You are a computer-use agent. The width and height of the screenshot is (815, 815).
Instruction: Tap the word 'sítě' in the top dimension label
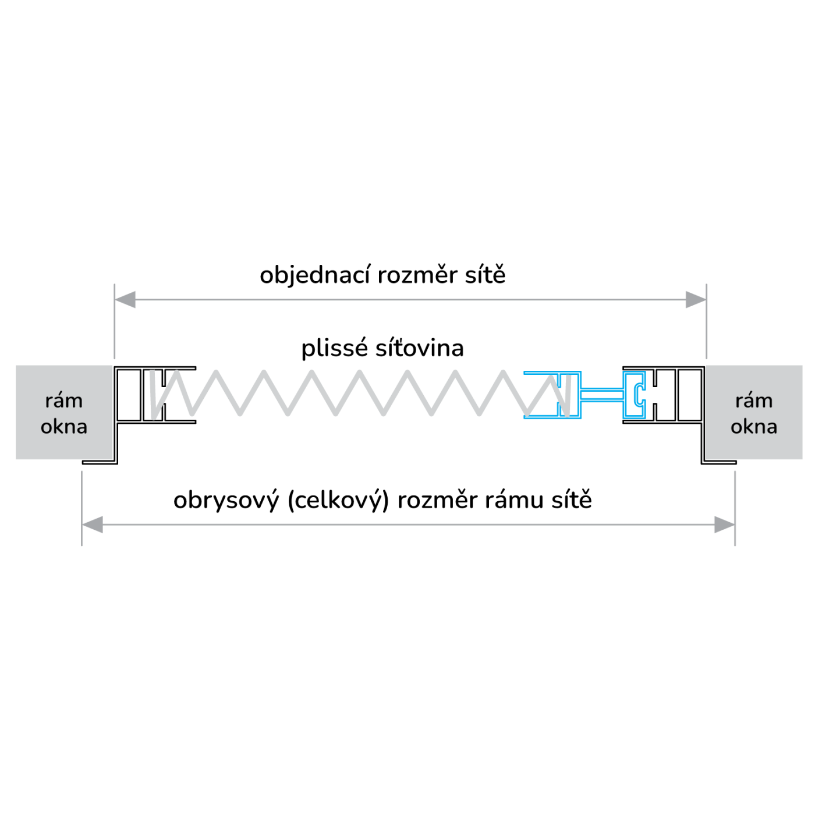pos(485,275)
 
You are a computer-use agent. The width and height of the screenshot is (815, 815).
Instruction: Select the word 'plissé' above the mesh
pos(335,349)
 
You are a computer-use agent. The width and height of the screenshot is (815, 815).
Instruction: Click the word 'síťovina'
pos(419,348)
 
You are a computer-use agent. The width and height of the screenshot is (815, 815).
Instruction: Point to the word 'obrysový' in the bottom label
pos(226,501)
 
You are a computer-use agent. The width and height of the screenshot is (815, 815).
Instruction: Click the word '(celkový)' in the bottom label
pos(338,501)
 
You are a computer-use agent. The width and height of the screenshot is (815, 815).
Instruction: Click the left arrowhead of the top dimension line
pos(125,300)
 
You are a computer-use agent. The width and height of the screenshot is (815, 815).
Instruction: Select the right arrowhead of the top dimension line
pos(696,300)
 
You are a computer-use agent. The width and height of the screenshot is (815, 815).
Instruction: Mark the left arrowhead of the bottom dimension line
pos(92,525)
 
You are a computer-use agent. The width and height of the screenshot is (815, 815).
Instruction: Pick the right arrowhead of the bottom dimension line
pos(725,525)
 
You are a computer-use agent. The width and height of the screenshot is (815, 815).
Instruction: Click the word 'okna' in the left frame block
pos(64,427)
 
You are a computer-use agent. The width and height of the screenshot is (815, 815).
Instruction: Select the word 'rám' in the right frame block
pos(754,401)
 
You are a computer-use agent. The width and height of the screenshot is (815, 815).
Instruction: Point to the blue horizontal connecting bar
pos(602,394)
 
